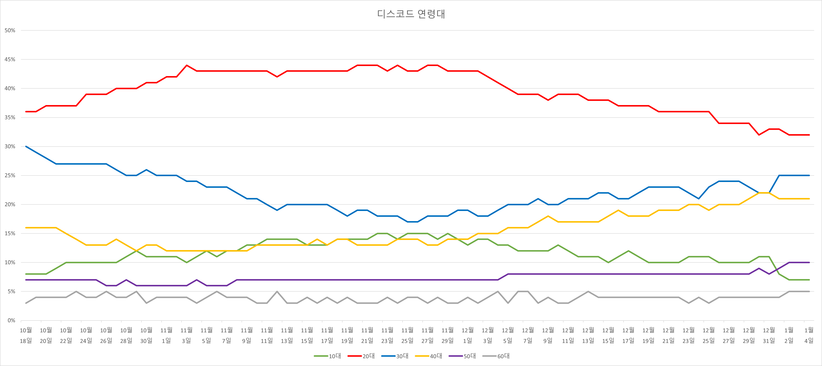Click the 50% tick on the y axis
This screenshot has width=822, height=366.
[x=10, y=30]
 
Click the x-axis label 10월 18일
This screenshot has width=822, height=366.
[x=26, y=335]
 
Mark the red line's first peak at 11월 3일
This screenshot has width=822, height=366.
[x=187, y=65]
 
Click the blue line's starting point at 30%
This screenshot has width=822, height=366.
[x=26, y=146]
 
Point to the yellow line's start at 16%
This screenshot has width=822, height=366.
[x=26, y=228]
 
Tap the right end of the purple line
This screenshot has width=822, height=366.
[x=809, y=262]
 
